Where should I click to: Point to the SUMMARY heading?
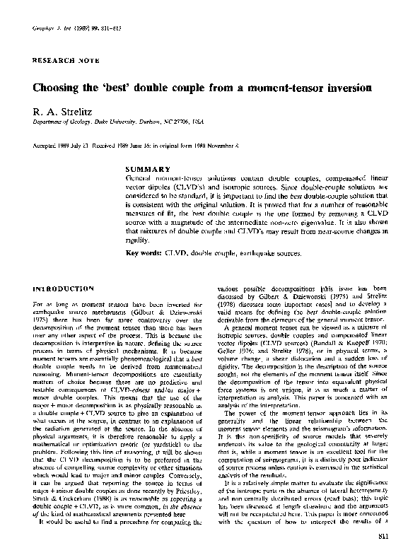coord(147,169)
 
